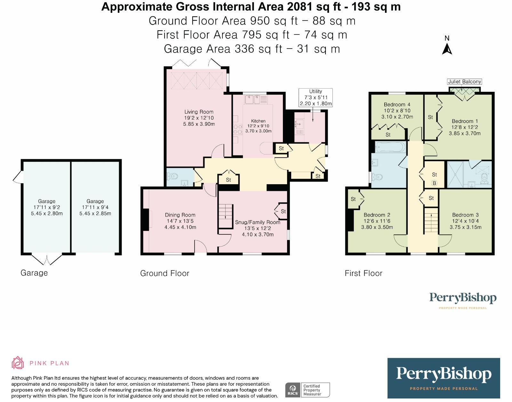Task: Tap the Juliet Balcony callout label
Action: pyautogui.click(x=464, y=82)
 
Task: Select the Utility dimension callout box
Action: pyautogui.click(x=316, y=98)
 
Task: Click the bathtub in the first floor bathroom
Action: pyautogui.click(x=390, y=146)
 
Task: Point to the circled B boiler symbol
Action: pyautogui.click(x=434, y=183)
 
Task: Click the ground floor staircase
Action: pyautogui.click(x=226, y=216)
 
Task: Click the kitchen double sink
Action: pyautogui.click(x=252, y=99)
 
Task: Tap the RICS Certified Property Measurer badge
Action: pyautogui.click(x=308, y=390)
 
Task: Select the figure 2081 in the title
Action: pyautogui.click(x=299, y=7)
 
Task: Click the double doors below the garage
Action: pyautogui.click(x=47, y=260)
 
